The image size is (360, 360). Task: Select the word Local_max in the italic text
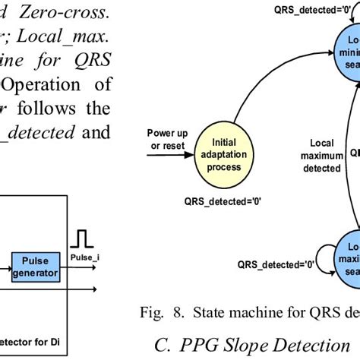(76, 36)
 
